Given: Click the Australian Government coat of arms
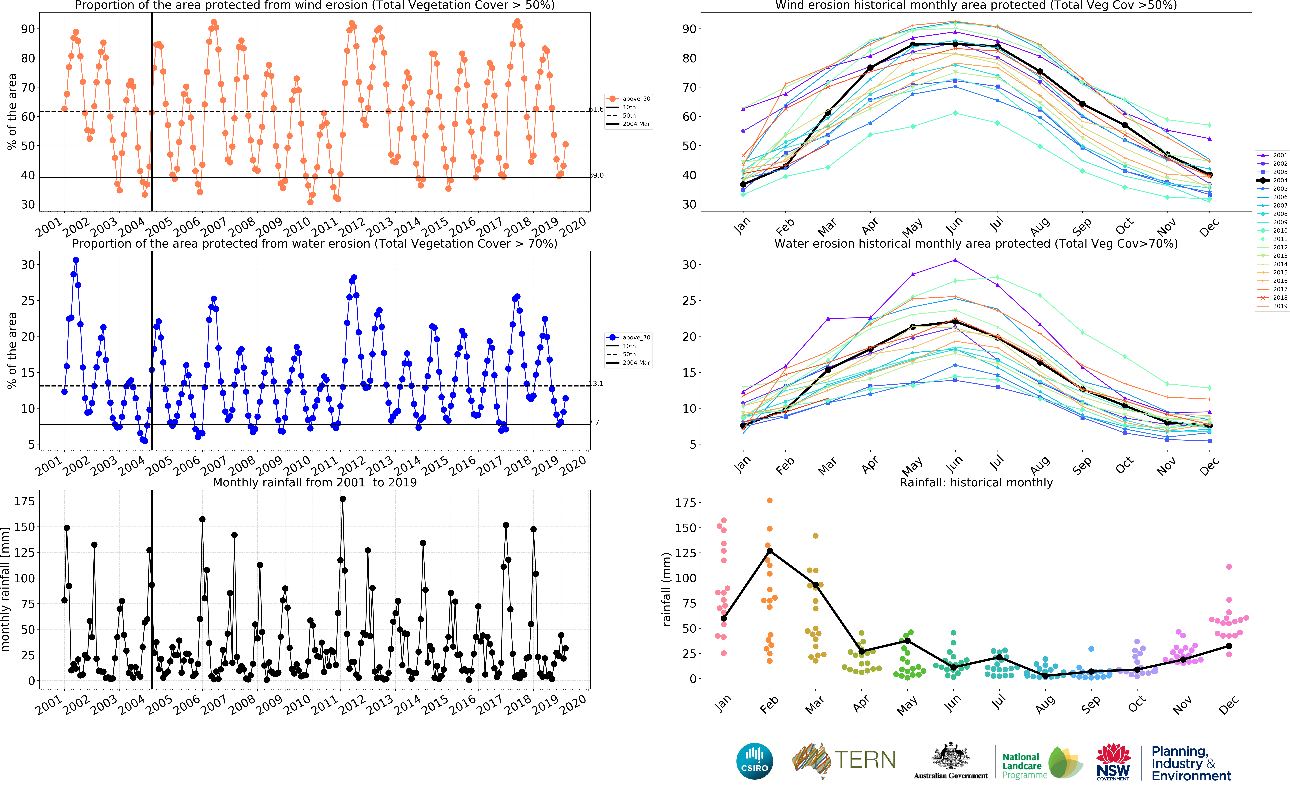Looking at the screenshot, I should tap(951, 757).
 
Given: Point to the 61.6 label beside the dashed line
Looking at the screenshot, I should tap(596, 109).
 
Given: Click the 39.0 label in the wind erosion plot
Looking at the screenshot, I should tap(596, 175).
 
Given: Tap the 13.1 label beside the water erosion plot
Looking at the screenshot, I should tap(596, 384).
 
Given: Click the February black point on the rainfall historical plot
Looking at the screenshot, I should tap(770, 550).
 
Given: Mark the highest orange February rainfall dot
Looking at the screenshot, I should tap(770, 500).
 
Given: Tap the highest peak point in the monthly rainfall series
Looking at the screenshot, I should tap(343, 499).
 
